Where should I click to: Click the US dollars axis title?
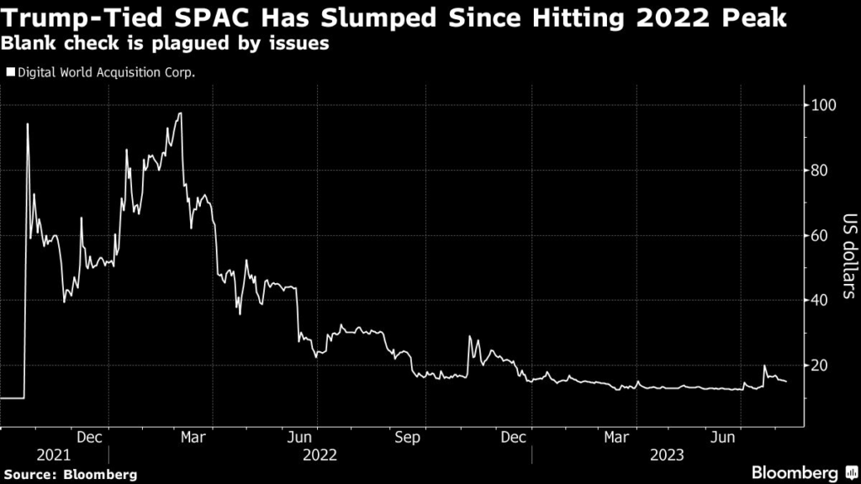point(848,256)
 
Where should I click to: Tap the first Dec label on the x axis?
point(89,437)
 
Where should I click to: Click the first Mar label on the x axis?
point(194,437)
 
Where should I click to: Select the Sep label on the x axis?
point(407,437)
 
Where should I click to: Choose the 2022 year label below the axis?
point(320,455)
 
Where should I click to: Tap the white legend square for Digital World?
point(10,72)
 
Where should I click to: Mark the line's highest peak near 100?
point(180,113)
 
